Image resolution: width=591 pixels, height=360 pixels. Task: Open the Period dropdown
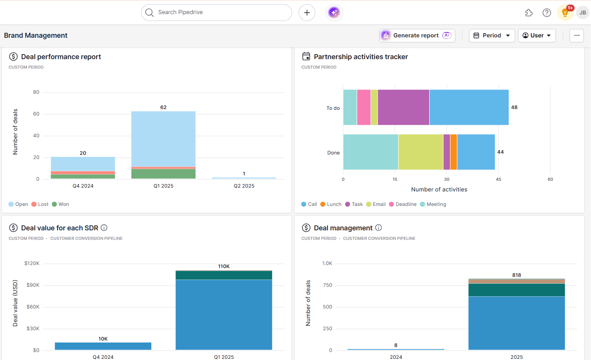491,35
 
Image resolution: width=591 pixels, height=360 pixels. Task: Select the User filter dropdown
536,35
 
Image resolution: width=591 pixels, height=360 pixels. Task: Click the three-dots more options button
577,35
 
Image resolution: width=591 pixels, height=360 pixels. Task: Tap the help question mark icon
546,13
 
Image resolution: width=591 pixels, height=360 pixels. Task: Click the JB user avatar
583,13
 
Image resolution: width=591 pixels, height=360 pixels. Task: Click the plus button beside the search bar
307,13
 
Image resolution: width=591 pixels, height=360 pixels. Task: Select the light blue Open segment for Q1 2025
163,139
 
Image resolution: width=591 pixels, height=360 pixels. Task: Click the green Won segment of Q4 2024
83,177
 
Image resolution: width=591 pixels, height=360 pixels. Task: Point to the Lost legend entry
40,204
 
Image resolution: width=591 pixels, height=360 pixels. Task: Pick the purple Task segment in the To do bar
403,108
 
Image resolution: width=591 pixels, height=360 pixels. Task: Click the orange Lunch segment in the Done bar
453,152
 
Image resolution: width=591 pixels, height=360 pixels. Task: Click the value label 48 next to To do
514,108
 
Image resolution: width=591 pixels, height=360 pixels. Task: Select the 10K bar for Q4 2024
103,346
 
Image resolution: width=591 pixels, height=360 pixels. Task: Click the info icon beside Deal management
378,228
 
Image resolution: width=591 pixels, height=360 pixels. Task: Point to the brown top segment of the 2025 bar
516,281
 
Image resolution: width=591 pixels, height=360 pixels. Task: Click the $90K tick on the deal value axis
33,285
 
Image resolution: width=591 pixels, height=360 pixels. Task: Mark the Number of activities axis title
439,190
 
